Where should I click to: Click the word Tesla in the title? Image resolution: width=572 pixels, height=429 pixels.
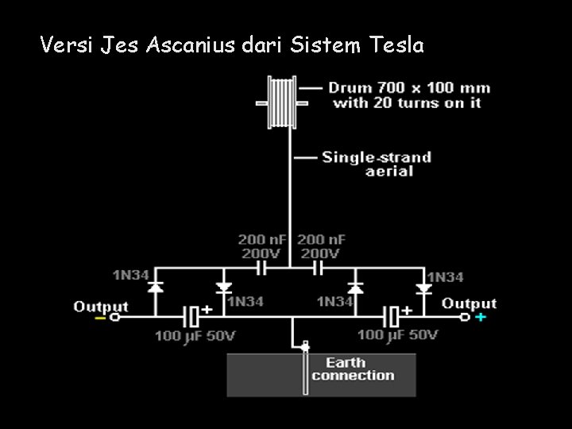click(397, 46)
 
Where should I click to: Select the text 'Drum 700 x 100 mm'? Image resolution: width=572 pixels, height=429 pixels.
click(409, 88)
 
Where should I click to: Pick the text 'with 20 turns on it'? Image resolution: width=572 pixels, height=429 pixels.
click(407, 103)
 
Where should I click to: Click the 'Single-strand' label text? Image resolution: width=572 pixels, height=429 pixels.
click(376, 157)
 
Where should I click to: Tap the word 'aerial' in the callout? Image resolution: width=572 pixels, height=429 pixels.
click(389, 172)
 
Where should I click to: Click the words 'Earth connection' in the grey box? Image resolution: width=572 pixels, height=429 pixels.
click(353, 369)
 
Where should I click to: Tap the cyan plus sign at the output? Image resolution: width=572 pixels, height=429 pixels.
click(480, 318)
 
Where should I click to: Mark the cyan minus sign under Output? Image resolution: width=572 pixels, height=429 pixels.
click(101, 318)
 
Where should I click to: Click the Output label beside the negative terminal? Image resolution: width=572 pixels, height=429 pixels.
click(101, 306)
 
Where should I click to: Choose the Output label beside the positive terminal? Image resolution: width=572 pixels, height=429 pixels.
click(469, 303)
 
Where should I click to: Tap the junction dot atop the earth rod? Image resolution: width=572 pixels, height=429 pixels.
click(305, 346)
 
